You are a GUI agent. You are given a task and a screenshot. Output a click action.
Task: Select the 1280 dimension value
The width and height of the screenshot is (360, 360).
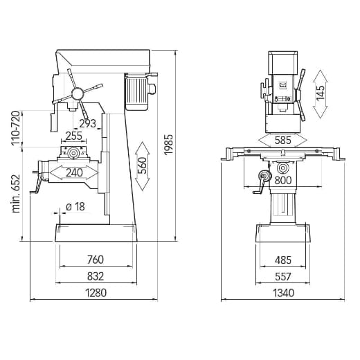pos(96,293)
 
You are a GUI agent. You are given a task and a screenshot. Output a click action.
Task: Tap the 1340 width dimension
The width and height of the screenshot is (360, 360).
pos(283,293)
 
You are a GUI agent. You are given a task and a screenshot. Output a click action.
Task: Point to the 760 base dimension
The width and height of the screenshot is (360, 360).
pos(96,260)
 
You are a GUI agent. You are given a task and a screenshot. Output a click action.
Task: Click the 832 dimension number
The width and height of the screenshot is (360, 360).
pos(96,276)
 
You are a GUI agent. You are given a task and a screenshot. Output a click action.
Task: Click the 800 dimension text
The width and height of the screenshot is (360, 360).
pos(282,181)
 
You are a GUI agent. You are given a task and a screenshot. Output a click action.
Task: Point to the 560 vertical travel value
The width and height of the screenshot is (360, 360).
pos(142,166)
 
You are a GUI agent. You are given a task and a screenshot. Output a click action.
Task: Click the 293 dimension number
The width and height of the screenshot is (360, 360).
pos(87,125)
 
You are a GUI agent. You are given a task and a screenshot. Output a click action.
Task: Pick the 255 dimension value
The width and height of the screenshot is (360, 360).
pos(73,136)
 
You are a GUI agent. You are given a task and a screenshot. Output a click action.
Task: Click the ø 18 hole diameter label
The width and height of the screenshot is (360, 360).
pos(75,206)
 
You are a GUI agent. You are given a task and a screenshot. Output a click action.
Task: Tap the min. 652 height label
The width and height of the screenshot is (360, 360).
pos(16,193)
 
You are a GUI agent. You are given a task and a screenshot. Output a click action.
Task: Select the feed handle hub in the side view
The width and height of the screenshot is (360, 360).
pos(77,93)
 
